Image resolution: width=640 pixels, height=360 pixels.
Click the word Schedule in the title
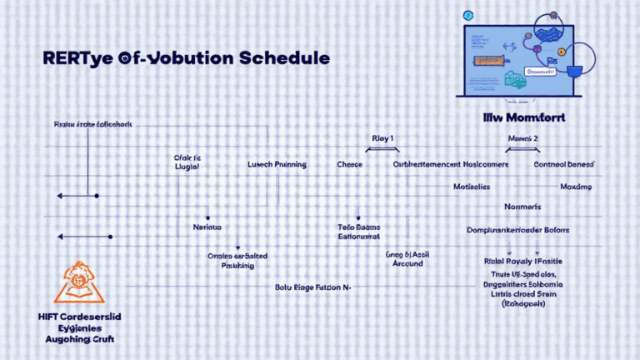click(x=280, y=59)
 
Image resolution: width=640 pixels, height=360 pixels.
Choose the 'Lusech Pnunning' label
click(x=277, y=165)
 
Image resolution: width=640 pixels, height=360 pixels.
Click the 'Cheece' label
click(x=349, y=165)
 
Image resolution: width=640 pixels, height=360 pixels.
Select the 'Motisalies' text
click(x=471, y=187)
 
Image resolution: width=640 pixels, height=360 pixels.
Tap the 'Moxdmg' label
click(x=576, y=187)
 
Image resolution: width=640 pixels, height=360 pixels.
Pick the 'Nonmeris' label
click(x=522, y=206)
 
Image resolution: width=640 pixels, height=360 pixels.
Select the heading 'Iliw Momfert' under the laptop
click(x=523, y=117)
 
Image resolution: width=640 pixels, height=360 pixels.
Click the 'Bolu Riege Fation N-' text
click(x=312, y=287)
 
